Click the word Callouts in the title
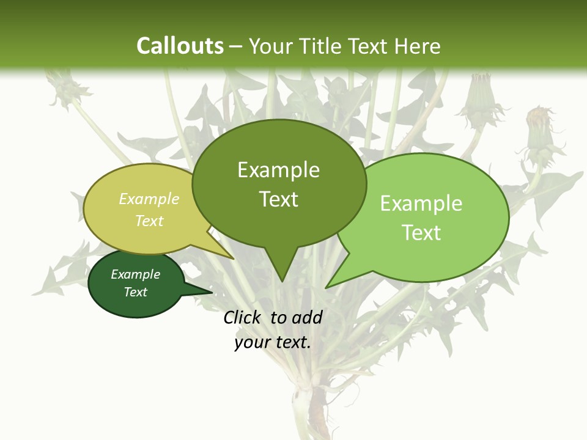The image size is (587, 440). pyautogui.click(x=180, y=46)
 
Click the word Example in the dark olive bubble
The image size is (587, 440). pyautogui.click(x=278, y=170)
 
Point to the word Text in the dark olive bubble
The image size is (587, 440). pyautogui.click(x=278, y=199)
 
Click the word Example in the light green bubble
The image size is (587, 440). pyautogui.click(x=421, y=204)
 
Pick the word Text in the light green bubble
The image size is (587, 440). pyautogui.click(x=421, y=233)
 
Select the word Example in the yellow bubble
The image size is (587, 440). pyautogui.click(x=149, y=199)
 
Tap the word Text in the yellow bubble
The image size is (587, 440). pyautogui.click(x=149, y=221)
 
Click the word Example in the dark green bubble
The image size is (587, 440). pyautogui.click(x=135, y=274)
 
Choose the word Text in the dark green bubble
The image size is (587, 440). pyautogui.click(x=135, y=292)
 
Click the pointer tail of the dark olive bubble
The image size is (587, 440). pyautogui.click(x=281, y=269)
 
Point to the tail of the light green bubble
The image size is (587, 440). pyautogui.click(x=336, y=278)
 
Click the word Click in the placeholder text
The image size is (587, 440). pyautogui.click(x=243, y=317)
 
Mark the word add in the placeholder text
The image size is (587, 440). pyautogui.click(x=307, y=317)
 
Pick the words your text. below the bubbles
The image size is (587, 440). pyautogui.click(x=273, y=342)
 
